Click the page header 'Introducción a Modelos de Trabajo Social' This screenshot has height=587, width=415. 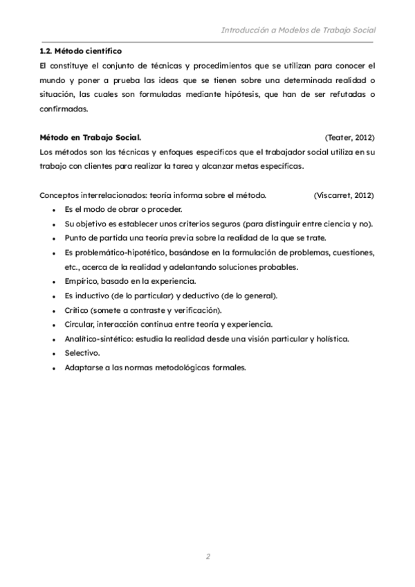click(x=297, y=30)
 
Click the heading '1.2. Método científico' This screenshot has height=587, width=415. click(x=81, y=51)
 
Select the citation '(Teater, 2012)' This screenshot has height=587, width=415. click(x=349, y=138)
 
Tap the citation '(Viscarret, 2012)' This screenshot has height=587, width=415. click(x=344, y=196)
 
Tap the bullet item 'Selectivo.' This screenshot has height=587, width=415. click(x=82, y=353)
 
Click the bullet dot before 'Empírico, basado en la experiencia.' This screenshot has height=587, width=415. click(x=54, y=281)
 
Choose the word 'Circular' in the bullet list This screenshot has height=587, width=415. click(x=79, y=324)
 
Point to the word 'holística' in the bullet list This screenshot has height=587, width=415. click(x=331, y=338)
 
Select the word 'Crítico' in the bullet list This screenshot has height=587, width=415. click(x=77, y=309)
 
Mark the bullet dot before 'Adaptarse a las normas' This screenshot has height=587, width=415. click(x=54, y=368)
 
